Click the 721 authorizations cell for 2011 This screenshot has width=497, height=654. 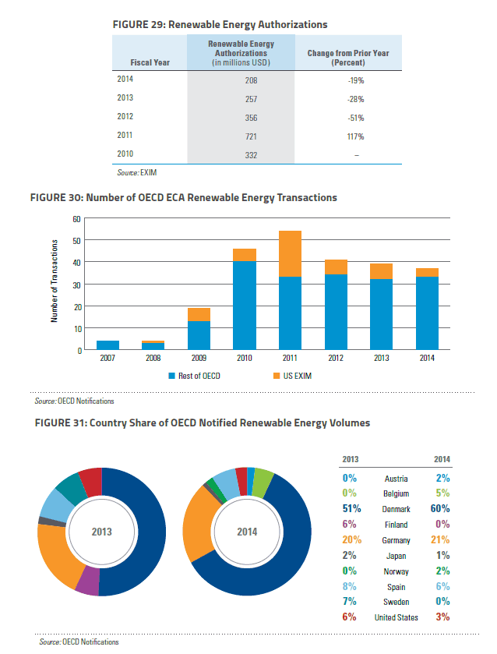click(x=251, y=136)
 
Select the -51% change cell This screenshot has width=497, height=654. click(x=356, y=118)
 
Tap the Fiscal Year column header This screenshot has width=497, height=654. click(x=150, y=62)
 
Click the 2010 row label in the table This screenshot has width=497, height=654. click(x=125, y=154)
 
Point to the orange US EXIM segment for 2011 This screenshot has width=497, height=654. click(x=290, y=253)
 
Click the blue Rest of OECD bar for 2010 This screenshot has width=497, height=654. click(x=245, y=306)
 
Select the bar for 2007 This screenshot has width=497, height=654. click(x=108, y=345)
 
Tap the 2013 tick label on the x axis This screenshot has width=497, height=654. click(x=381, y=358)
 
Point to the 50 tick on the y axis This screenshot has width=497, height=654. click(x=76, y=241)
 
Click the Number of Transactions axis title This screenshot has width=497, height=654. click(x=55, y=281)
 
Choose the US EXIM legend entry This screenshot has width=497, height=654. click(x=292, y=376)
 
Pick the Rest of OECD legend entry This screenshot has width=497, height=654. click(x=194, y=376)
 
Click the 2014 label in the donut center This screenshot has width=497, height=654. click(x=247, y=532)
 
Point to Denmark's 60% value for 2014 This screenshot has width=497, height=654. click(x=440, y=509)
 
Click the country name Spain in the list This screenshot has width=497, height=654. click(x=396, y=587)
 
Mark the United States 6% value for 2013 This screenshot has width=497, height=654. click(x=350, y=617)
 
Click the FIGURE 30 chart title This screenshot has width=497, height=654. click(x=184, y=197)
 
